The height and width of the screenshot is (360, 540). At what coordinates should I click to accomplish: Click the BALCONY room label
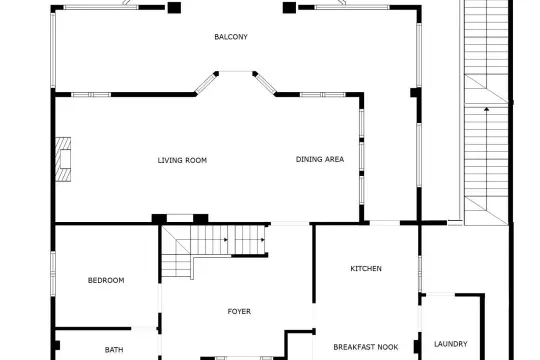(231, 37)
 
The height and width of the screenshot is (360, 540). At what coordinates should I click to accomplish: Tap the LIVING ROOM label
(182, 160)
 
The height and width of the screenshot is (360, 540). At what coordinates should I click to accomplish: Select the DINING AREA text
(320, 159)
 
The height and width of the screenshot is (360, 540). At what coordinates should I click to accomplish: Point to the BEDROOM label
(106, 280)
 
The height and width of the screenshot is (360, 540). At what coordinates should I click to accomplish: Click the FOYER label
(239, 311)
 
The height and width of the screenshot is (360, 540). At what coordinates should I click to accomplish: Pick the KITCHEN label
(366, 269)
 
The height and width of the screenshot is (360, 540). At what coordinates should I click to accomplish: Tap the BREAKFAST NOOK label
(366, 347)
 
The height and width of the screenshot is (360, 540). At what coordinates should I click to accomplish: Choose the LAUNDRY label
(450, 344)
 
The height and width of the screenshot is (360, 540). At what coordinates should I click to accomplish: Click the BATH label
(114, 350)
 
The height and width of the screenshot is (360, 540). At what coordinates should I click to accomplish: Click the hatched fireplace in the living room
(63, 160)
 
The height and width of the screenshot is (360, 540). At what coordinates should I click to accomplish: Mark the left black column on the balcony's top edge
(174, 8)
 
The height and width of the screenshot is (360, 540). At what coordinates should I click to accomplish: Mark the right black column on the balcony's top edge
(289, 8)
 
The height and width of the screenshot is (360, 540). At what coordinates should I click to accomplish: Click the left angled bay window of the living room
(206, 83)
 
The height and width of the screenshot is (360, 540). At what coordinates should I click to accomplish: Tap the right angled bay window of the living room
(265, 83)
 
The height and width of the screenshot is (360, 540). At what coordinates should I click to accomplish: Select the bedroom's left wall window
(53, 274)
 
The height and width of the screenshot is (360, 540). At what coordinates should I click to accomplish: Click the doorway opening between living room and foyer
(290, 224)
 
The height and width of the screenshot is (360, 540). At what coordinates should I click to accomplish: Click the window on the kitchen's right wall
(419, 274)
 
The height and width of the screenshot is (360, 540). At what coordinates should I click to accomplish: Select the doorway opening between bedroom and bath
(144, 329)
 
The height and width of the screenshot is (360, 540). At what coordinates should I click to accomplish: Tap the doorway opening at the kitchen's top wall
(385, 223)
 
